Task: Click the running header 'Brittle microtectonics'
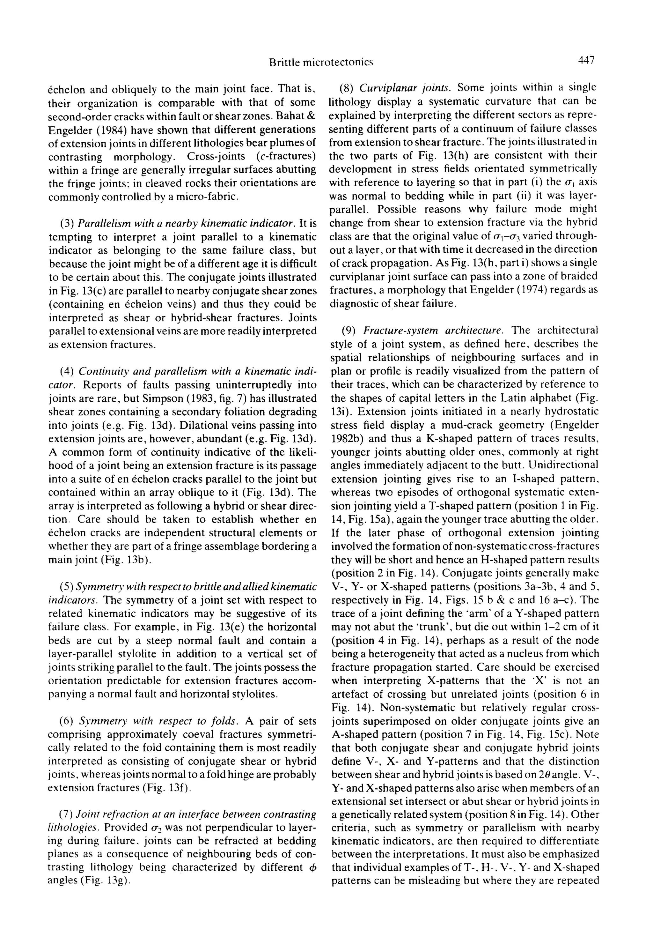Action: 321,62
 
